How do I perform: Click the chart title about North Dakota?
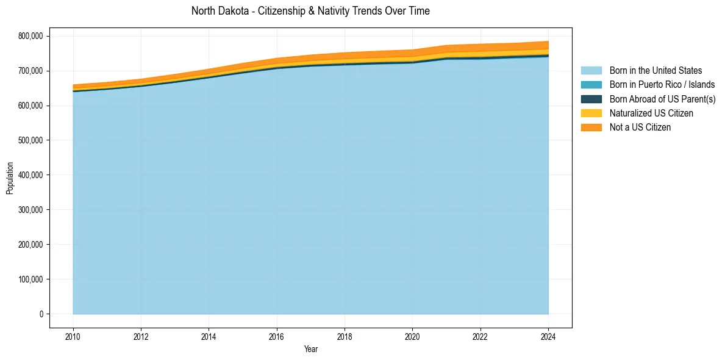310,11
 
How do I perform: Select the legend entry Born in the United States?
655,71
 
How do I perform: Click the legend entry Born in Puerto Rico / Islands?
662,85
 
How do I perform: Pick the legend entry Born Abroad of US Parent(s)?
662,99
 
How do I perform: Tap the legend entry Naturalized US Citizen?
651,113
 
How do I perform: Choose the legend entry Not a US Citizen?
640,127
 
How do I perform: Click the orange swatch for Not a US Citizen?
591,127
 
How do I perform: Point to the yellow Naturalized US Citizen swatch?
591,113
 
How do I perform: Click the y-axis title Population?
10,178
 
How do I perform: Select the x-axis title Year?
310,349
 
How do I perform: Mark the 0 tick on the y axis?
41,314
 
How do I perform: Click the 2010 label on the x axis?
73,336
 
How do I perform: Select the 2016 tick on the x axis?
277,336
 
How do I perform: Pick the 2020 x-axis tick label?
413,336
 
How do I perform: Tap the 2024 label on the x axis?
548,336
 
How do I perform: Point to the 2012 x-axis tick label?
141,336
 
